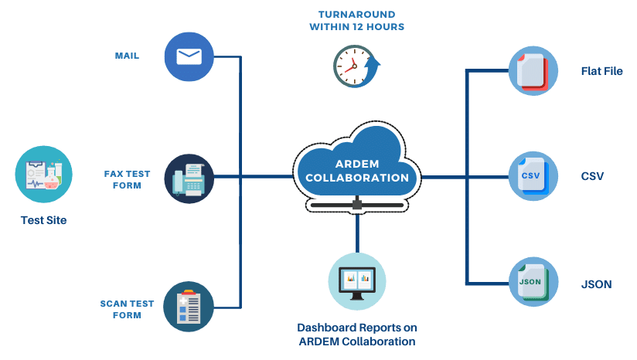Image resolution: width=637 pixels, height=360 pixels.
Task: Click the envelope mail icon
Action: (x=189, y=56)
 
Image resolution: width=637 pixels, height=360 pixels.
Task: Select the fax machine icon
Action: (x=189, y=178)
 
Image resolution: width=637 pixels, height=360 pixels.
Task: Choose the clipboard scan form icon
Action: (x=189, y=306)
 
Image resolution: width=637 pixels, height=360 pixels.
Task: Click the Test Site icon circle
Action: (x=43, y=175)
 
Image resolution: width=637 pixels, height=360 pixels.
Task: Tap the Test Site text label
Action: (x=43, y=220)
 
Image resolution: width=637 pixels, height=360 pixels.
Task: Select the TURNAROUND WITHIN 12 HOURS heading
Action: (x=356, y=21)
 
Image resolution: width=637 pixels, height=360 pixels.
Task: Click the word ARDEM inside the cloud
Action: (x=356, y=163)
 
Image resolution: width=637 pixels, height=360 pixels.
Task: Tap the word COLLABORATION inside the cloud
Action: (x=356, y=178)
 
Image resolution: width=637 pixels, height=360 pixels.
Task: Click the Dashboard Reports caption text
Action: (x=356, y=334)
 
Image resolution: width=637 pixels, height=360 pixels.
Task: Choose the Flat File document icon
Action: (x=533, y=71)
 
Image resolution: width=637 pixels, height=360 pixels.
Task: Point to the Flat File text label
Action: (x=601, y=71)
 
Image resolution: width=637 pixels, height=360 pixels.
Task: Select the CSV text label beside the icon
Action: (x=593, y=176)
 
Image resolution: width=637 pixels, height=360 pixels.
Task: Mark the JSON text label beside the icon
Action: (x=596, y=284)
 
